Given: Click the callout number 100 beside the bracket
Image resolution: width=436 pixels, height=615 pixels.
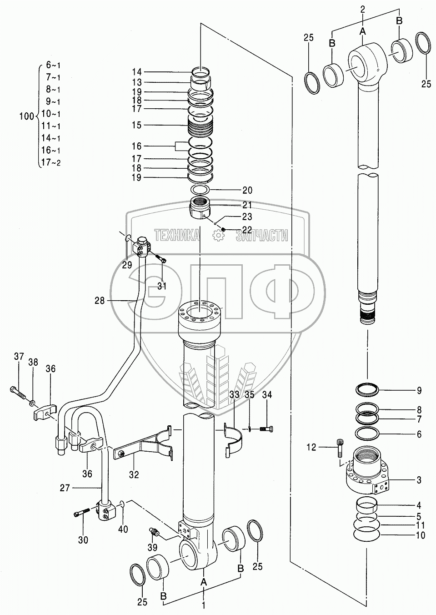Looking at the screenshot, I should (x=26, y=116).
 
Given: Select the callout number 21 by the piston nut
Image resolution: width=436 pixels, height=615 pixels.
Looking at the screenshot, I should (x=247, y=205).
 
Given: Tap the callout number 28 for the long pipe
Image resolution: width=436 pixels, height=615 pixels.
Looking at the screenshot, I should (x=100, y=300).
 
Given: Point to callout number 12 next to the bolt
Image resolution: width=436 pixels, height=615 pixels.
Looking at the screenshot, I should (x=323, y=448).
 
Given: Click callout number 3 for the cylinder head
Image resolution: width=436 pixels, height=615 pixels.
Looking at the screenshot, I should (x=419, y=480).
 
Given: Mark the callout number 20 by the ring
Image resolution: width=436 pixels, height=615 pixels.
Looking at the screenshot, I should (x=247, y=190).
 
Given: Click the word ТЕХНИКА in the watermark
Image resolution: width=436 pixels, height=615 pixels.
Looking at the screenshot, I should (x=177, y=235).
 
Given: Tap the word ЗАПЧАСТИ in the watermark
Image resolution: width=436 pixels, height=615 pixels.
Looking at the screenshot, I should (x=262, y=235).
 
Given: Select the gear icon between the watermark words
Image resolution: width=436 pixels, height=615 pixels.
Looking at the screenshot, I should (x=219, y=235).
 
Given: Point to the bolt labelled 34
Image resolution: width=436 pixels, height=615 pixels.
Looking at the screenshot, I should (x=266, y=428).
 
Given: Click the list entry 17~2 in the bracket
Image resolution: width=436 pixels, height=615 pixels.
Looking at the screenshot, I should (x=50, y=163).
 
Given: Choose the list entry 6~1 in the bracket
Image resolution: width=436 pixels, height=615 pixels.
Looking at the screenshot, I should (x=53, y=65).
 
